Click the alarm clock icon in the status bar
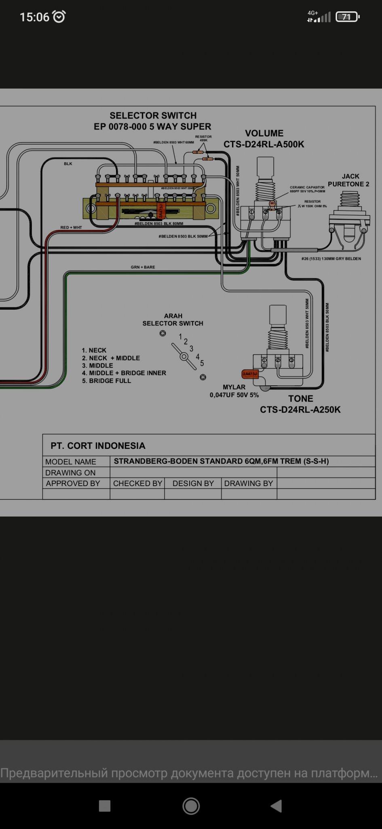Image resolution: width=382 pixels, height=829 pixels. tap(59, 17)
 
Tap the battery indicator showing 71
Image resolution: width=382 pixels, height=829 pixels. tap(347, 17)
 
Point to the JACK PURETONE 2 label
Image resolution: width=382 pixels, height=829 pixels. tap(349, 180)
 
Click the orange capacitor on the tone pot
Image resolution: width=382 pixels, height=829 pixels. tap(250, 374)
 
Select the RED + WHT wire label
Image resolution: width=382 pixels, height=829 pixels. tap(71, 227)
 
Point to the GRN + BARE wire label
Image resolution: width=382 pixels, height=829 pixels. tap(143, 267)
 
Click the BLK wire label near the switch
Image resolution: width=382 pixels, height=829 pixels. tap(68, 164)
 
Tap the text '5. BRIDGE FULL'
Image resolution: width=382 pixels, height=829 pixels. tap(106, 381)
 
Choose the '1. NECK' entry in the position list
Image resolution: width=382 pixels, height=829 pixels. tap(94, 351)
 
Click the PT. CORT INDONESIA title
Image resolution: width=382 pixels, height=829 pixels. tap(98, 446)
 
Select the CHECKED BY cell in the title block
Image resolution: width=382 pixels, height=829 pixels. tap(137, 483)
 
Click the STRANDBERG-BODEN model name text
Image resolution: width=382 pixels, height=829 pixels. tap(221, 461)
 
